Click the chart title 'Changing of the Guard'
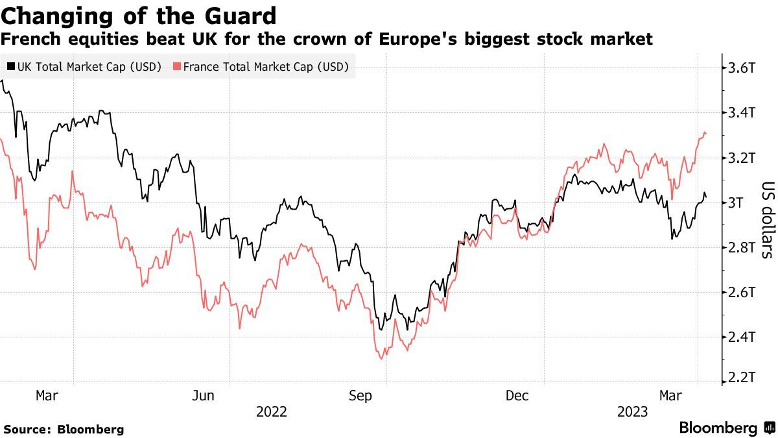point(139,15)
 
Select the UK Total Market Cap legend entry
point(84,66)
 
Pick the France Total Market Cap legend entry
point(261,66)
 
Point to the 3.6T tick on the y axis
point(742,67)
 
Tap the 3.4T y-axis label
point(742,113)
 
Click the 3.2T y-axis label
point(742,158)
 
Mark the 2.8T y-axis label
point(742,248)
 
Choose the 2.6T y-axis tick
point(742,293)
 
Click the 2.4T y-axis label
point(742,337)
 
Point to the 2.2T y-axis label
point(742,378)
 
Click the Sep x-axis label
point(360,395)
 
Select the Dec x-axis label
point(519,395)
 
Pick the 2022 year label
point(272,412)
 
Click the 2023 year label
point(632,412)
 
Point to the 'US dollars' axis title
point(766,219)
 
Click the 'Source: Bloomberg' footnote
point(64,429)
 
